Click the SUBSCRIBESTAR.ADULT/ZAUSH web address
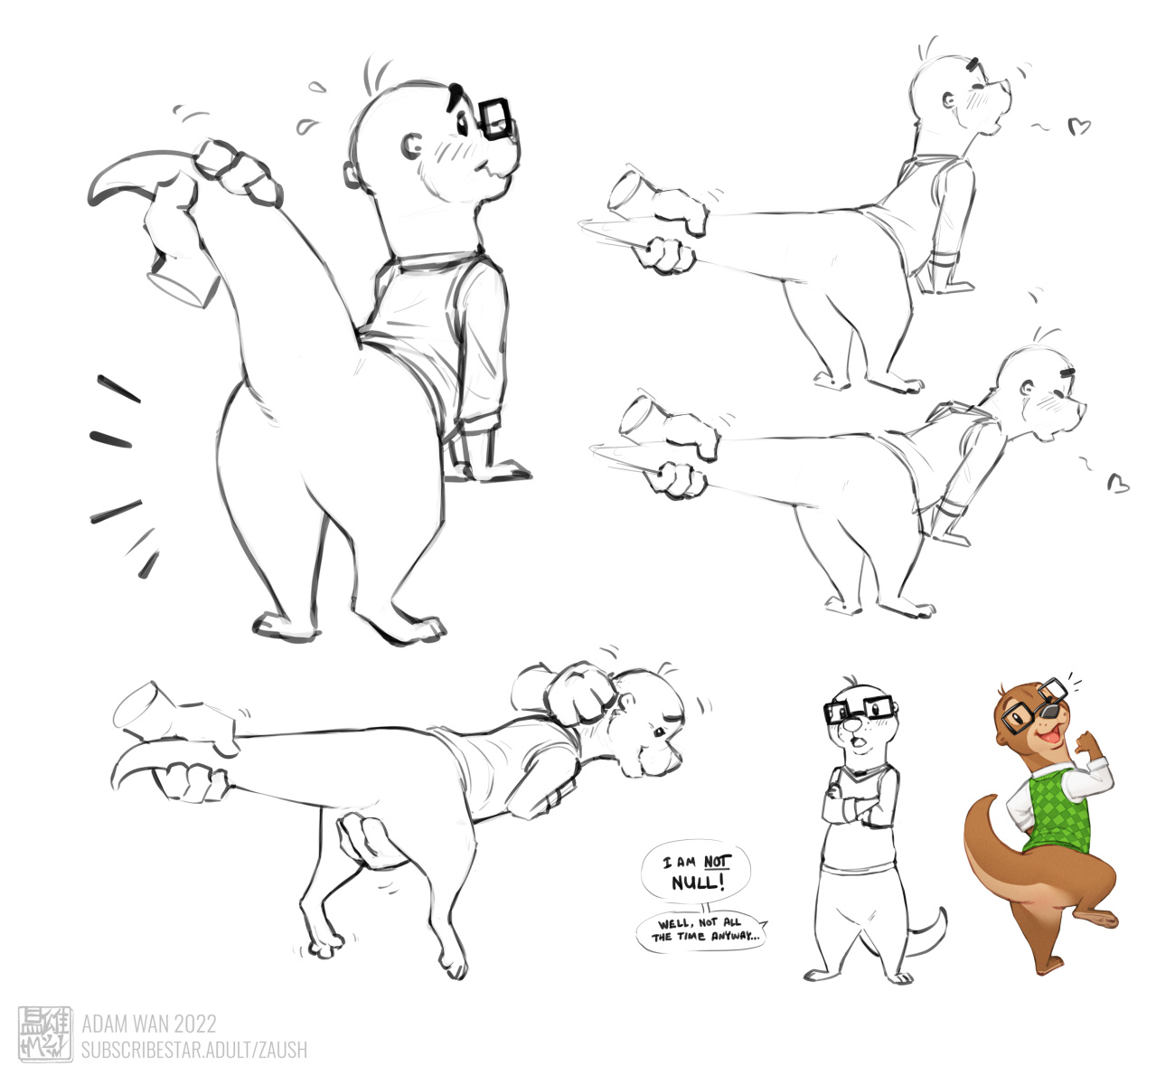pyautogui.click(x=194, y=1049)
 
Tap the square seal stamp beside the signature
pyautogui.click(x=45, y=1034)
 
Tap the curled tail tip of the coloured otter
pyautogui.click(x=989, y=799)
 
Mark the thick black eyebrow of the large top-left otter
pyautogui.click(x=454, y=98)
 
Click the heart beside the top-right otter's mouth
pyautogui.click(x=1079, y=127)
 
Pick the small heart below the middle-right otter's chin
pyautogui.click(x=1118, y=484)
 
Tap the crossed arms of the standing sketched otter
pyautogui.click(x=857, y=807)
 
